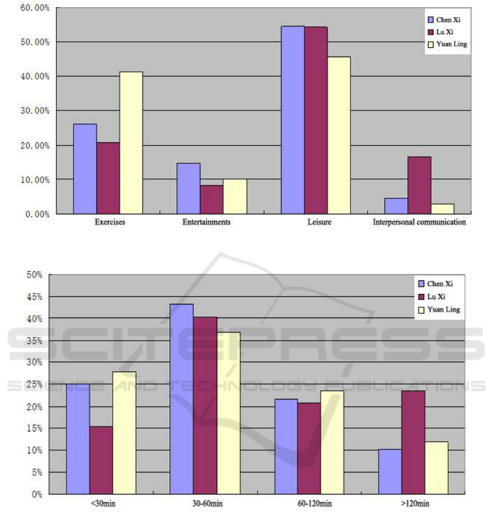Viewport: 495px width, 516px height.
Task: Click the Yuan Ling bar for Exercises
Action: pyautogui.click(x=131, y=143)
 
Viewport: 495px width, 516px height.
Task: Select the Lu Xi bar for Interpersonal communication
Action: pyautogui.click(x=419, y=185)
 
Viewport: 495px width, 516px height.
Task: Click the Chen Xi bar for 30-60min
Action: pyautogui.click(x=181, y=399)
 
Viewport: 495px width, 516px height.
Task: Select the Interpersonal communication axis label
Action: pyautogui.click(x=419, y=223)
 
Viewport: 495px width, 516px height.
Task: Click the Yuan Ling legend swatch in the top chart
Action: pyautogui.click(x=431, y=44)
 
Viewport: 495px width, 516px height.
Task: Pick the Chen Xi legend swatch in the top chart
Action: pyautogui.click(x=431, y=19)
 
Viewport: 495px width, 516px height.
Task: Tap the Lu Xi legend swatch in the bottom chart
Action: pyautogui.click(x=422, y=297)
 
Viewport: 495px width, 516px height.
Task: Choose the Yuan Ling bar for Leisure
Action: pyautogui.click(x=339, y=135)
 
